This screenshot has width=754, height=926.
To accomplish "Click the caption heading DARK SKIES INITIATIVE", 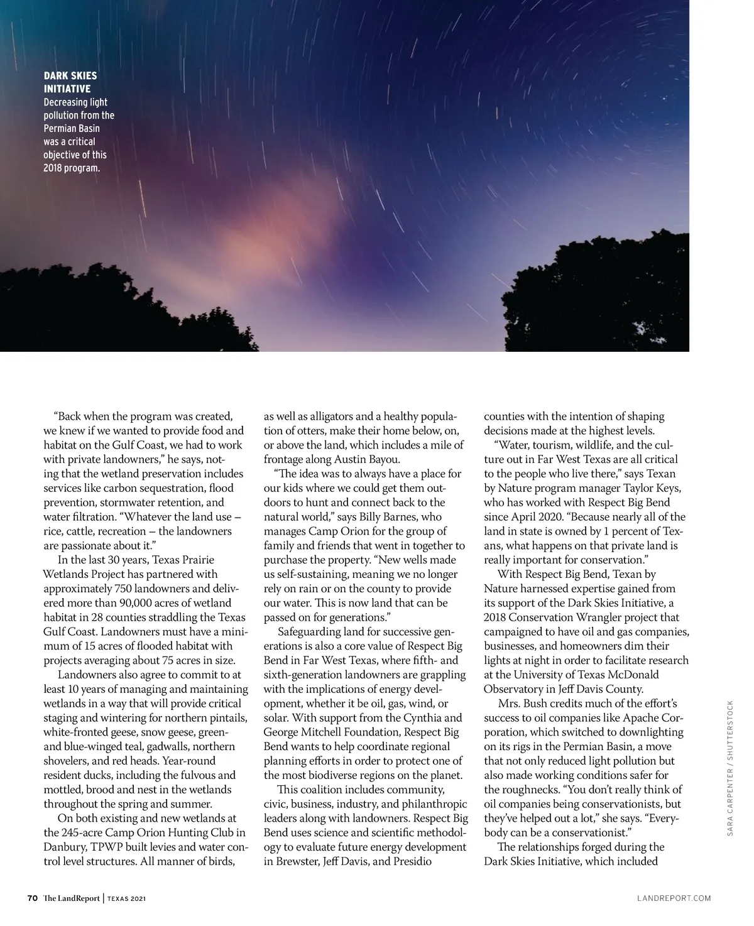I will pos(70,82).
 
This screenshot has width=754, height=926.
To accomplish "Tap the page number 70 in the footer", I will pos(33,898).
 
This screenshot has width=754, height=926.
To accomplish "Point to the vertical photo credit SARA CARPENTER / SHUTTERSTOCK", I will pos(730,767).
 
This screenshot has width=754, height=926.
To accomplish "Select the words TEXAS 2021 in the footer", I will pos(126,898).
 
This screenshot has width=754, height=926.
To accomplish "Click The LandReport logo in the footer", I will pos(72,898).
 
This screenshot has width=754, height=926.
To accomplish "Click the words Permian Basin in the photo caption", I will pos(72,128).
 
